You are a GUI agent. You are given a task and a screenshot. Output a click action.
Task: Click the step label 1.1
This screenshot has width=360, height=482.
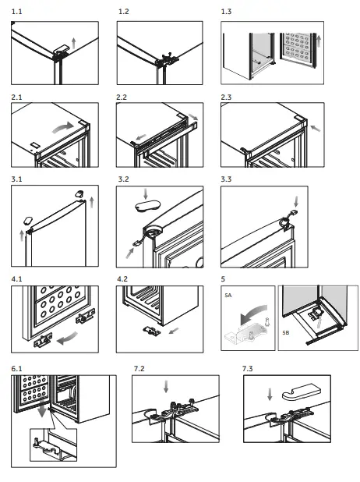pos(16,12)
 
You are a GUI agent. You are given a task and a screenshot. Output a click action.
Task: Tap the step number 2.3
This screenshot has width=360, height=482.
pos(226,97)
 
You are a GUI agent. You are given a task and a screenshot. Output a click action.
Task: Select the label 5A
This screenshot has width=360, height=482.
pos(228,296)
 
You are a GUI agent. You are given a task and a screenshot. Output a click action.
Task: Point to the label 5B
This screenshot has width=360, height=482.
pos(286,332)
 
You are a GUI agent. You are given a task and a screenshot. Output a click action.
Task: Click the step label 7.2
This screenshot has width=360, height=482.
pos(139,369)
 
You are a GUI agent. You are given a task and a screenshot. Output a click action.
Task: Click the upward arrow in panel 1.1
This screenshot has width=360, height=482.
pos(73,43)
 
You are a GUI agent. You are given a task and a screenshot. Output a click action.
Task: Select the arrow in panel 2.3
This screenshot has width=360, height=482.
pos(316,128)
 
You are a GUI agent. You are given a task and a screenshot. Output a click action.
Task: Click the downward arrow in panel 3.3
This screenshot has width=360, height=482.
pos(296,202)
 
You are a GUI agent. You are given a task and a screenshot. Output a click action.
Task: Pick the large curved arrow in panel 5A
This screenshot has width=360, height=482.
pos(253,314)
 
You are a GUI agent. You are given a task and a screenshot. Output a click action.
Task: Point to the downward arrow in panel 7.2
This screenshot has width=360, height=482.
pos(166,386)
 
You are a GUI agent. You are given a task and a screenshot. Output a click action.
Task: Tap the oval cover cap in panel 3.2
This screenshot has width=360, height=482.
pos(147,206)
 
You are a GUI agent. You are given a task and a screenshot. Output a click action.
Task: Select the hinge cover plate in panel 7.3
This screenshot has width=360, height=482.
pos(301,392)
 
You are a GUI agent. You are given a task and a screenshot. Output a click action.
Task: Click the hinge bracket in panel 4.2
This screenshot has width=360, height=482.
pos(152,331)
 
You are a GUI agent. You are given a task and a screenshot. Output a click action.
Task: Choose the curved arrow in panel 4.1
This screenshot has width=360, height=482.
pos(68,338)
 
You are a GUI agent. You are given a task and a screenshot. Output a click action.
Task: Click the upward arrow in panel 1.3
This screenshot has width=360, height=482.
pos(319,41)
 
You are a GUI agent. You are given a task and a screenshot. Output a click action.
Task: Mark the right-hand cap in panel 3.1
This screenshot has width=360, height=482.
pos(79,193)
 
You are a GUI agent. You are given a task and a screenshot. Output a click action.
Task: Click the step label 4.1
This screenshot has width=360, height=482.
pos(16,279)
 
